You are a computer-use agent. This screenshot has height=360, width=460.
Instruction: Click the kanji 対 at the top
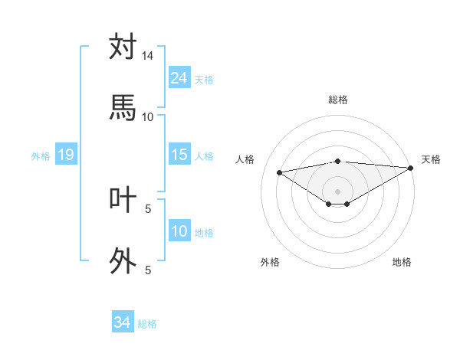[123, 47]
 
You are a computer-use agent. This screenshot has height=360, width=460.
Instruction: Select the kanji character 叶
[123, 199]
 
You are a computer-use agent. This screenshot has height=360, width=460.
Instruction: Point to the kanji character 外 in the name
[123, 260]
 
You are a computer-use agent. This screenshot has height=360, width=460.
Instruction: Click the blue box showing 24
[179, 77]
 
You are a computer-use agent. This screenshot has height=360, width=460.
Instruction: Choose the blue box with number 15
[179, 155]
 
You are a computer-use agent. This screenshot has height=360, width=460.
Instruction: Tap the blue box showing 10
[179, 231]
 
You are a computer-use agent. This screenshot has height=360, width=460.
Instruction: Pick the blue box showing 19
[66, 155]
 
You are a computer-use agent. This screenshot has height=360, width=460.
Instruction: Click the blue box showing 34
[123, 322]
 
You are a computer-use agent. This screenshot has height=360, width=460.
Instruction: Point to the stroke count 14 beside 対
[147, 56]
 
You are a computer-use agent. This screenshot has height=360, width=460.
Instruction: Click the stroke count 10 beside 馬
[147, 116]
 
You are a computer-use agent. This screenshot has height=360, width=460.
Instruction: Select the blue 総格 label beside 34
[147, 324]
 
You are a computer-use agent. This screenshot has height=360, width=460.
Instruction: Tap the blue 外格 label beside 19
[41, 156]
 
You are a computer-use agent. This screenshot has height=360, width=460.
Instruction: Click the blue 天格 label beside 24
[203, 79]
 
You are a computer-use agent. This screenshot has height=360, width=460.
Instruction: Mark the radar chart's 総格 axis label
[337, 100]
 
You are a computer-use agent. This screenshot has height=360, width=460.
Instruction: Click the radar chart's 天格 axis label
[432, 159]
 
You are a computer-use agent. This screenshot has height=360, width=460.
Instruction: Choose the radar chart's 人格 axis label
[245, 159]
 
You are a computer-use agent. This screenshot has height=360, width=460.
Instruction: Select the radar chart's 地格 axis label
[402, 262]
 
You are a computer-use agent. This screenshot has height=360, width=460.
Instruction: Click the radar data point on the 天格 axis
[411, 167]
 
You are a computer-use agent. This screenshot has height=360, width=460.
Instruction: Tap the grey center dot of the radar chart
[337, 191]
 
